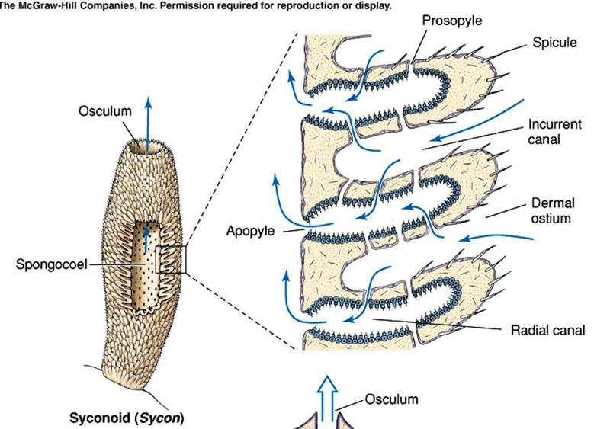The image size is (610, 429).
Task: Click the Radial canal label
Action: (547, 331)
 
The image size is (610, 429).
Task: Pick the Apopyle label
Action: (252, 229)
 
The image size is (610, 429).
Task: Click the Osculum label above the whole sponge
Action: (105, 111)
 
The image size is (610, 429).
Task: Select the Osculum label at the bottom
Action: (391, 399)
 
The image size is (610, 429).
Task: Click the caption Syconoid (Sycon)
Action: (127, 418)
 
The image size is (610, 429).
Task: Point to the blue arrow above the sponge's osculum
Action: (148, 114)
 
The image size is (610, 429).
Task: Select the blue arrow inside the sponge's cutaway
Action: (146, 235)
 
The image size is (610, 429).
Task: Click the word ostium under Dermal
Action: (553, 219)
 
